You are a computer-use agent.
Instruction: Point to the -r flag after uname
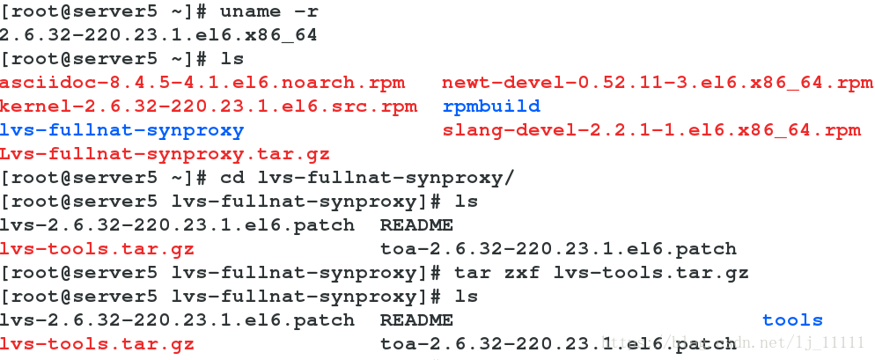pyautogui.click(x=305, y=11)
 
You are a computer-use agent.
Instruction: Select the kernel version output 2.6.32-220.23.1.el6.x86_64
pyautogui.click(x=158, y=35)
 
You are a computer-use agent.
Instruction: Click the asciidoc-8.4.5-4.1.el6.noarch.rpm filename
pyautogui.click(x=202, y=83)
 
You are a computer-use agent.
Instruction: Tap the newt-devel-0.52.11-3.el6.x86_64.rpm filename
pyautogui.click(x=657, y=83)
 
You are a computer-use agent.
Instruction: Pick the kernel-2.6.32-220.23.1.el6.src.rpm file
pyautogui.click(x=209, y=107)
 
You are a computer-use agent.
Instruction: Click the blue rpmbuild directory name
pyautogui.click(x=491, y=107)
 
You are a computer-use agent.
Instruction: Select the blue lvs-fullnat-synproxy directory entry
pyautogui.click(x=121, y=130)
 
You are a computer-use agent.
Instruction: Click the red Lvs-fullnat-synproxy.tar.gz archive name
pyautogui.click(x=165, y=154)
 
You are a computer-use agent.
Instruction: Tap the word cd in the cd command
pyautogui.click(x=232, y=178)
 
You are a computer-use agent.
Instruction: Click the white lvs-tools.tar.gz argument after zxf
pyautogui.click(x=651, y=273)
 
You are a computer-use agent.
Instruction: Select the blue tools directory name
pyautogui.click(x=792, y=320)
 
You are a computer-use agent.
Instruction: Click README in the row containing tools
pyautogui.click(x=416, y=320)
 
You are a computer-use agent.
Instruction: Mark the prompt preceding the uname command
pyautogui.click(x=104, y=11)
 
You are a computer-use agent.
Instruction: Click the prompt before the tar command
pyautogui.click(x=222, y=273)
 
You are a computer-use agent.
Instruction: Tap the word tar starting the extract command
pyautogui.click(x=472, y=273)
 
